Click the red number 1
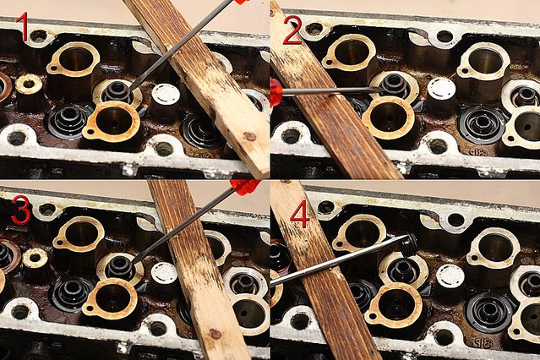click(x=23, y=27)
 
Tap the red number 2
click(x=292, y=30)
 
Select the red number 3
click(x=21, y=210)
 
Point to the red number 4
click(x=300, y=214)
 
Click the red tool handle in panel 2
click(x=276, y=92)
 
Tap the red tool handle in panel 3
click(x=245, y=187)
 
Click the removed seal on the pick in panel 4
click(x=409, y=244)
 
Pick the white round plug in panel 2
click(x=441, y=87)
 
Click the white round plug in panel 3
click(x=164, y=273)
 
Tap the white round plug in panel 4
click(x=450, y=276)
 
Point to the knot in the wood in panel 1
click(x=250, y=137)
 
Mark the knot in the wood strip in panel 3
click(x=215, y=334)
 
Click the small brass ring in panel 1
click(x=29, y=85)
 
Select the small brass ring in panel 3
click(x=35, y=258)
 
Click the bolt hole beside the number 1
click(x=39, y=35)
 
